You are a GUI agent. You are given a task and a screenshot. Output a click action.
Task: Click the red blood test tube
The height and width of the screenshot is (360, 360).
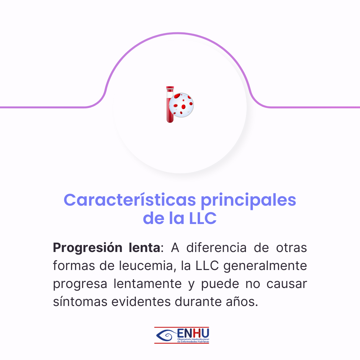tap(170, 104)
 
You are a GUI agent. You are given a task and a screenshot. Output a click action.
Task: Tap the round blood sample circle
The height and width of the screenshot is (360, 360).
tap(181, 105)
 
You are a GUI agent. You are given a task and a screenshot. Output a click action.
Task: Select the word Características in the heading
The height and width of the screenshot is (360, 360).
tap(130, 200)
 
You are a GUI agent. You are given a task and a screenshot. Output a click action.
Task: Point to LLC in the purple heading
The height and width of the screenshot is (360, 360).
tap(203, 218)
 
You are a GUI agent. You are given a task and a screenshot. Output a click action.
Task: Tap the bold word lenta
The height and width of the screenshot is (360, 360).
tap(144, 248)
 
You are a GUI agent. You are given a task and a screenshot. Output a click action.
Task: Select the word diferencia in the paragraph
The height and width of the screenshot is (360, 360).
tap(216, 248)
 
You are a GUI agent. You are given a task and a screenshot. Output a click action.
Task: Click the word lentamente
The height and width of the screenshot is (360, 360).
tap(148, 284)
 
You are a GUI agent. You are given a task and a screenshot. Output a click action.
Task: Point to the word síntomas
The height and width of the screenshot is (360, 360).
tap(80, 302)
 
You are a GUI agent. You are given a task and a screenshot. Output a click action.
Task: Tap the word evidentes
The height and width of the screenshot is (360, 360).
tap(141, 302)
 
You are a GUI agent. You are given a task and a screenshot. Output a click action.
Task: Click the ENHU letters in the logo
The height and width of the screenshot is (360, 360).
tap(193, 333)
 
